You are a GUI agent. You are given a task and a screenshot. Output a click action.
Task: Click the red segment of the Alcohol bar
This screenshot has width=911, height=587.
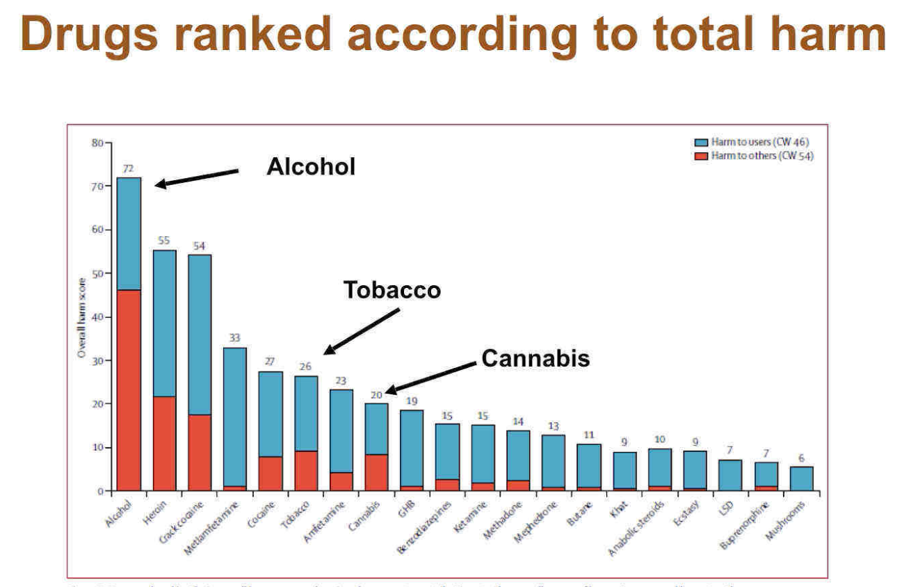pos(129,389)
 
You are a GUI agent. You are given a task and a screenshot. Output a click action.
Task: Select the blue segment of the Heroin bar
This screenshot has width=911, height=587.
pos(164,323)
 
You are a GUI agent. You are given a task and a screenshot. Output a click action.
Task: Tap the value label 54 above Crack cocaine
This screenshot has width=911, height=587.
pos(200,246)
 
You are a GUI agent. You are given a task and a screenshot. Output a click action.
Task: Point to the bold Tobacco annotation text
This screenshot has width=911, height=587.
pos(392,290)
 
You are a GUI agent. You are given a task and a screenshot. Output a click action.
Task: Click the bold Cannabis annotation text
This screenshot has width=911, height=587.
pos(535,358)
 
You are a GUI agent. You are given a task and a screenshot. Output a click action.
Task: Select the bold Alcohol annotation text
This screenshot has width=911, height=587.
pos(311,167)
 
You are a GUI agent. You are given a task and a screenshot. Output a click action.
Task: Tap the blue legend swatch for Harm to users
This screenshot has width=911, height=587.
pos(702,143)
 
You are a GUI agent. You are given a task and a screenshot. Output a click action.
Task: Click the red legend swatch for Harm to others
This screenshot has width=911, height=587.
pos(702,156)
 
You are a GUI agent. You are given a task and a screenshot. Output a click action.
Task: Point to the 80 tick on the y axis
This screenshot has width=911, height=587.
pos(97,143)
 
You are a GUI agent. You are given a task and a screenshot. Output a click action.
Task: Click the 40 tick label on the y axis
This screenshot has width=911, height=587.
pos(97,317)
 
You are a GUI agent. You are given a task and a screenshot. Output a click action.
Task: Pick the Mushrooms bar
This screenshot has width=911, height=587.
pos(801,479)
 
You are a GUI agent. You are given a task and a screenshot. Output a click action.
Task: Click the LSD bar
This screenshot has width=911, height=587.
pos(729,475)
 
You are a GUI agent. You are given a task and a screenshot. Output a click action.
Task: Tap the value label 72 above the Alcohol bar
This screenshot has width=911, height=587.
pos(128,168)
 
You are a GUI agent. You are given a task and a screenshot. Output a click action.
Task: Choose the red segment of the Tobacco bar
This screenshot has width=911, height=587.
pos(307,471)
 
